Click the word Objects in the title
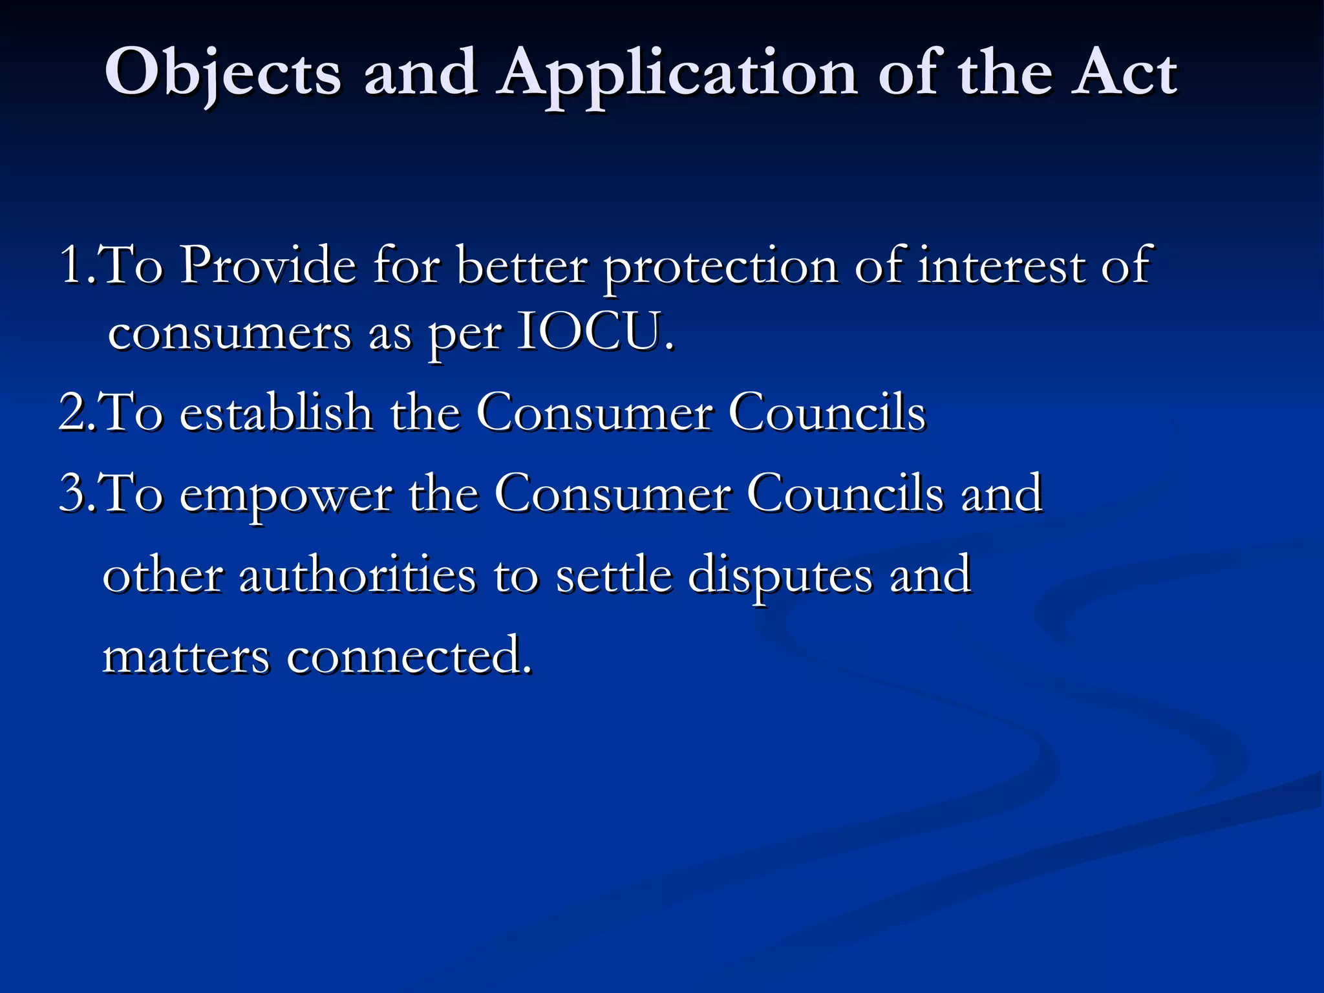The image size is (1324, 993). tap(222, 74)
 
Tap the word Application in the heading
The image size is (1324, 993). tap(678, 75)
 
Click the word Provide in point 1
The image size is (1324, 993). tap(268, 265)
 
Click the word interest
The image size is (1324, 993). tap(1001, 265)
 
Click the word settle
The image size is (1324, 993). tap(614, 575)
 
